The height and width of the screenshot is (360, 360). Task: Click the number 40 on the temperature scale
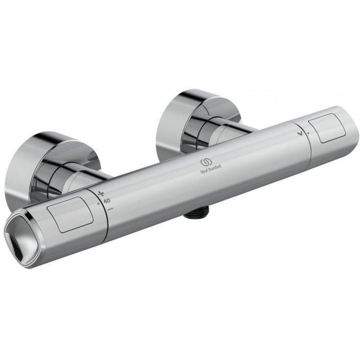[x=107, y=201]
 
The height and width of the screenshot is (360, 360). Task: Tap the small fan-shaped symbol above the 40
[x=102, y=192]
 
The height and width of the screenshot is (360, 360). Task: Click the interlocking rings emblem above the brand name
[x=205, y=161]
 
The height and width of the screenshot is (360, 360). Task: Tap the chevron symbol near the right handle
[x=299, y=131]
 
